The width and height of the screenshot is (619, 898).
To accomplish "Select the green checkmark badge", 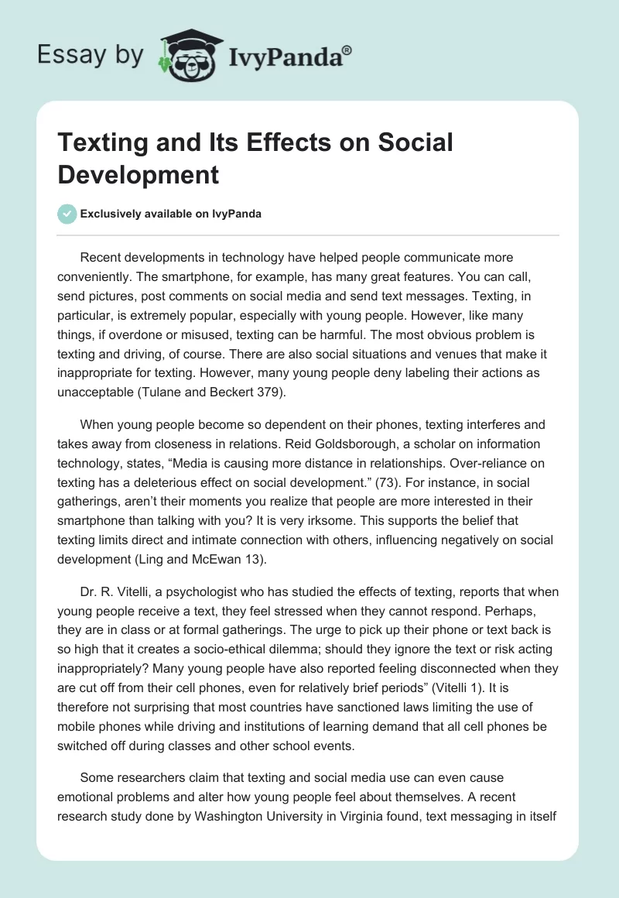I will coord(67,214).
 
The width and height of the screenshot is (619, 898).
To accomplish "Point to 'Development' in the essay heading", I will coord(138,174).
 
